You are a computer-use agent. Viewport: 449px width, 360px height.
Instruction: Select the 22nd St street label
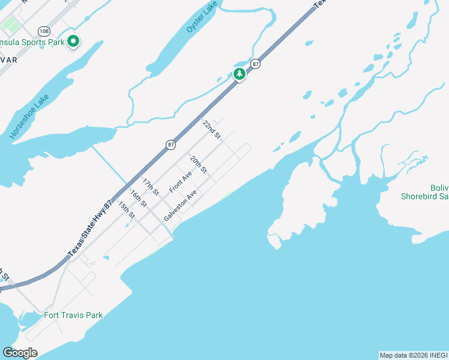click(212, 130)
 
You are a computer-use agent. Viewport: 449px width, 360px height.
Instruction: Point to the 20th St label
click(199, 165)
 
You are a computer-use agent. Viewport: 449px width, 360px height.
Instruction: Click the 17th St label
click(150, 187)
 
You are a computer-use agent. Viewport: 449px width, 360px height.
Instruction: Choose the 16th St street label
click(139, 198)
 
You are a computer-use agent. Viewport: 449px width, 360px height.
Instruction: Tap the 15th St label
click(127, 210)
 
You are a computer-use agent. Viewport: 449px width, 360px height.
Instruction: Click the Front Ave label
click(180, 182)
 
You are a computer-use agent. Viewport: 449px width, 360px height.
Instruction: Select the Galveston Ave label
click(180, 206)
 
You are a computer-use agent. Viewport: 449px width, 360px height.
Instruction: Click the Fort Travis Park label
click(73, 315)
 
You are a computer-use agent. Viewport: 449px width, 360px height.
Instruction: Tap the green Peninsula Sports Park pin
click(73, 41)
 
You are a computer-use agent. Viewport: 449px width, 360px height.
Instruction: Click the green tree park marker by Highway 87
click(239, 74)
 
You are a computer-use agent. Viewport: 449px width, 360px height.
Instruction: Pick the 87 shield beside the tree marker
click(255, 64)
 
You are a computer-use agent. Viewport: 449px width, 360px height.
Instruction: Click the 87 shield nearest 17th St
click(171, 144)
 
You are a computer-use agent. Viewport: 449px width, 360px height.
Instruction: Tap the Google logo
click(20, 353)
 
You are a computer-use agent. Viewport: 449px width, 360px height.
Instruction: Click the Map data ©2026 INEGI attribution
click(414, 355)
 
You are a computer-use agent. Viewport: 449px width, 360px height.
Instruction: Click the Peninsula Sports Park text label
click(32, 42)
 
